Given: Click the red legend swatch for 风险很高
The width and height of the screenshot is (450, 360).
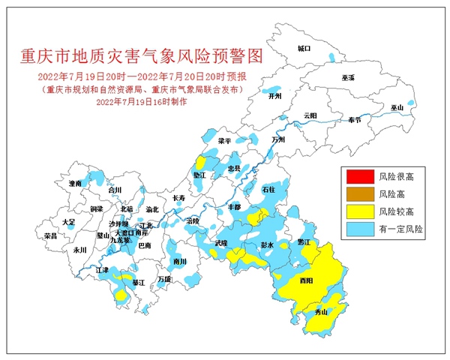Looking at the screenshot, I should coord(358,178).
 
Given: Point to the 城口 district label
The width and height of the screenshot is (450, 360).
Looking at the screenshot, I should coord(303,48).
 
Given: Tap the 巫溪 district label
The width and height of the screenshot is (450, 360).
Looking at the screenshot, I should coord(347,77).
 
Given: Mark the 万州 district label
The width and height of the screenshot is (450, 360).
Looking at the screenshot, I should coord(278,139).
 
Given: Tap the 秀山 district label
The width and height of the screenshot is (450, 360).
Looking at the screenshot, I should coord(320,312).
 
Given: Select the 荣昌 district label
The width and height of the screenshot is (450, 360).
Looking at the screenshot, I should coord(51,235).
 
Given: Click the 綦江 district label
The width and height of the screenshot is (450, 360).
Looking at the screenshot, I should coord(138,283).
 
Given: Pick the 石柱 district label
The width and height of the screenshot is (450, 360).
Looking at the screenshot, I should coord(269,190).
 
